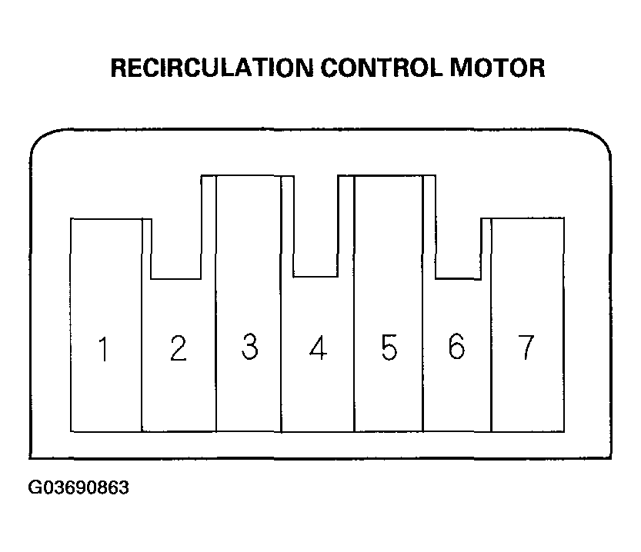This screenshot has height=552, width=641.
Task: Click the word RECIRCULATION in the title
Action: tap(212, 68)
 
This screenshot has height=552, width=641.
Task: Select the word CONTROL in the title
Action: tap(382, 68)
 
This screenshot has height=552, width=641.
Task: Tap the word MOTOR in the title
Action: tap(497, 68)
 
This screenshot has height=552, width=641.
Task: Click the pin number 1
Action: tap(104, 349)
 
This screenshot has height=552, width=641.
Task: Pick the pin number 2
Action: tap(179, 348)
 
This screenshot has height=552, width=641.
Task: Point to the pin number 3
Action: tap(250, 347)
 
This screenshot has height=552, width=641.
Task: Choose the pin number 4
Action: tap(318, 347)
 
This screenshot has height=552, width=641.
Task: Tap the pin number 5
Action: tap(389, 347)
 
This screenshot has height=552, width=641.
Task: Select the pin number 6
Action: tap(456, 346)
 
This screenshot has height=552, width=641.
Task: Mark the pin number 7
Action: tap(526, 347)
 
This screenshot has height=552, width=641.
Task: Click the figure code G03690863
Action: tap(78, 487)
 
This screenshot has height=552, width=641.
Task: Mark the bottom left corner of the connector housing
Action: tap(31, 457)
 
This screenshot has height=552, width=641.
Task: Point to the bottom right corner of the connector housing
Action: tap(610, 457)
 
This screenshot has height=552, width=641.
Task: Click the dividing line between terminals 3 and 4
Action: tap(282, 304)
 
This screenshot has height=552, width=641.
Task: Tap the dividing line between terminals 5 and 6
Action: tap(422, 304)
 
